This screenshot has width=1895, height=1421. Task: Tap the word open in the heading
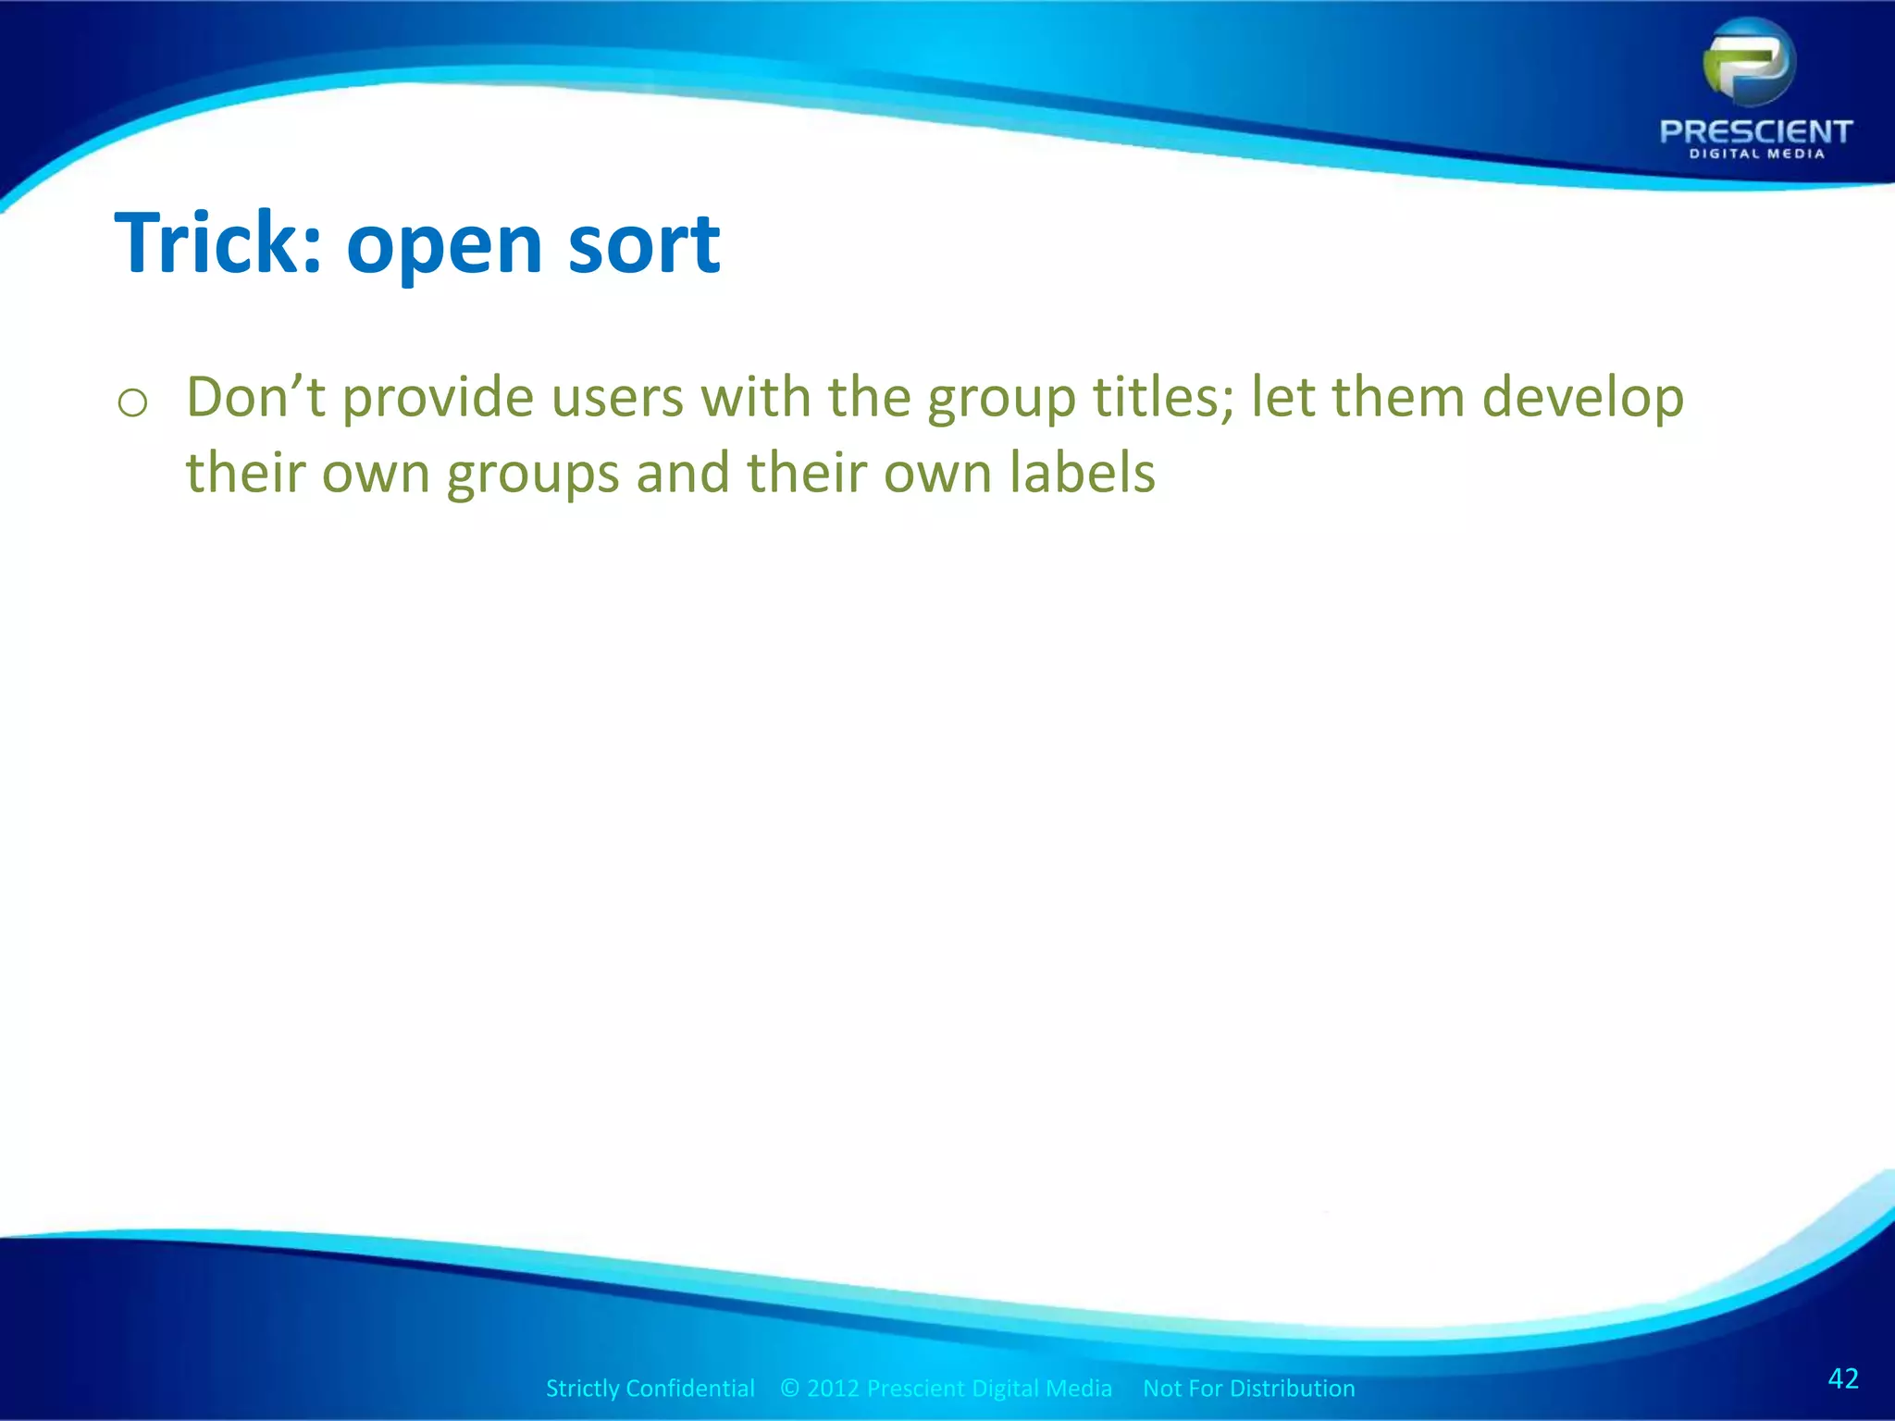point(443,248)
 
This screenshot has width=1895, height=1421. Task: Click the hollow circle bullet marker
point(133,403)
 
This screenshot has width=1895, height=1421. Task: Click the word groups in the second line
point(533,475)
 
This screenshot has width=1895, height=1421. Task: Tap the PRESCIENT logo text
point(1755,131)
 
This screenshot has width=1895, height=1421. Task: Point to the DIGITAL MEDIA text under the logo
point(1756,154)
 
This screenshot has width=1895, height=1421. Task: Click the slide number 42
point(1843,1378)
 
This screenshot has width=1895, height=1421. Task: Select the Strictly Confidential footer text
point(650,1389)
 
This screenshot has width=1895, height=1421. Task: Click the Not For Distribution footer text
point(1248,1389)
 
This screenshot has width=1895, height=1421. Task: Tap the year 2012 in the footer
point(833,1389)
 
